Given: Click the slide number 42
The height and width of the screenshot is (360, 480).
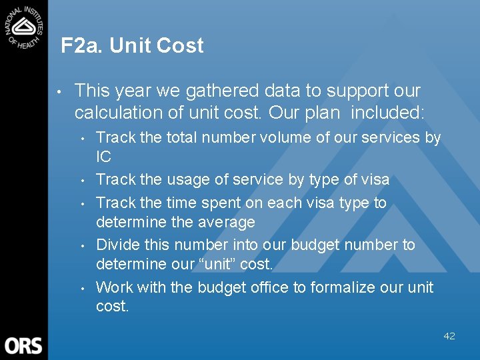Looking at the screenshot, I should point(449,336).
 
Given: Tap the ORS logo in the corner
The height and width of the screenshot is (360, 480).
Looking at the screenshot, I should point(23,345).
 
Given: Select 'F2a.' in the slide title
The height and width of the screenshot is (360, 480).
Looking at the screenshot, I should point(82,45).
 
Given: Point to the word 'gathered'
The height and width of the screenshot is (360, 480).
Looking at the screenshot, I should point(229,91).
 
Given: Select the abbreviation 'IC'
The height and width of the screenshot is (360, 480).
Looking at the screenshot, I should point(103,157).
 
